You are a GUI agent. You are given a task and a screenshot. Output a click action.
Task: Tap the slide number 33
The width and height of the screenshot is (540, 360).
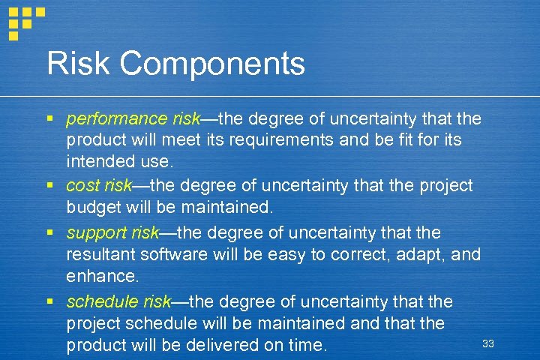pyautogui.click(x=488, y=343)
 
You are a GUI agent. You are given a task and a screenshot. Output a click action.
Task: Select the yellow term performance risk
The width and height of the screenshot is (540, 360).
pyautogui.click(x=133, y=119)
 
